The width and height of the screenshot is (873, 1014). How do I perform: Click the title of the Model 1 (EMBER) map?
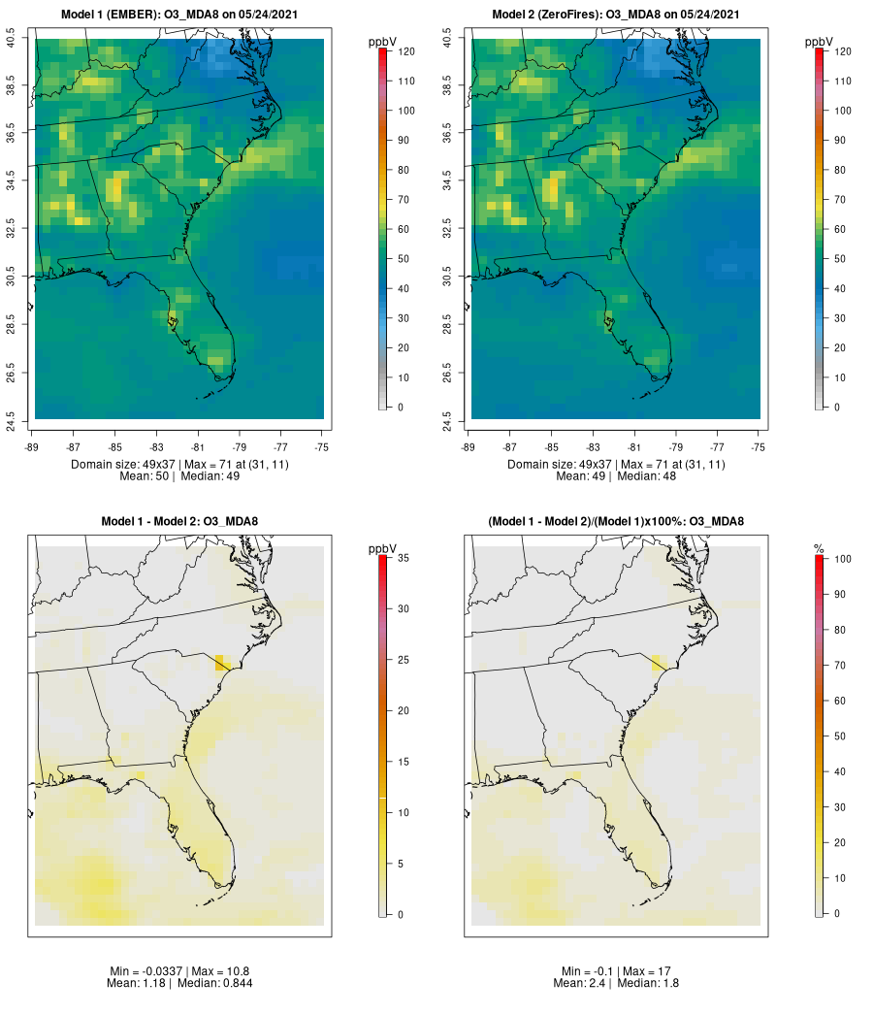point(179,14)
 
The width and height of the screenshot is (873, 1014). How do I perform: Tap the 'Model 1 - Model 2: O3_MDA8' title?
point(179,522)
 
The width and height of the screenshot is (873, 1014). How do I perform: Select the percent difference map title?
point(616,522)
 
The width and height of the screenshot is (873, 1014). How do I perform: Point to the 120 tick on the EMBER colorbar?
point(405,51)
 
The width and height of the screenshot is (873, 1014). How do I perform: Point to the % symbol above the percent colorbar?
point(820,549)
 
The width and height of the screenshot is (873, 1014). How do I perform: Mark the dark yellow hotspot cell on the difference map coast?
point(222,664)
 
